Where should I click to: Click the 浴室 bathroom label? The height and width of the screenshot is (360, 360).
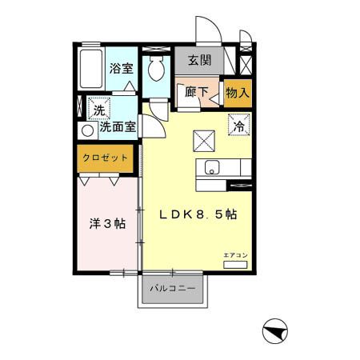[x=122, y=69]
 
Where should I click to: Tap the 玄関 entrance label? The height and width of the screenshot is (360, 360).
[x=199, y=60]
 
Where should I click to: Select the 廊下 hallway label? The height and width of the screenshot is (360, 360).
[x=197, y=92]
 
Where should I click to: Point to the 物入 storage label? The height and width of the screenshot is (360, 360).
[x=238, y=93]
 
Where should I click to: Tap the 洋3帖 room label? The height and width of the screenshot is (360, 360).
[x=106, y=224]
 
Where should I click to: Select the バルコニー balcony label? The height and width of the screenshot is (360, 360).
[x=174, y=289]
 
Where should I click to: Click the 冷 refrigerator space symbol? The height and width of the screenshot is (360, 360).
[x=238, y=124]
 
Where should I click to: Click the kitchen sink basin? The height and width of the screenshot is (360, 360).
[x=212, y=169]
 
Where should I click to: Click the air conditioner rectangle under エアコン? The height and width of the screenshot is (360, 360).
[x=237, y=263]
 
